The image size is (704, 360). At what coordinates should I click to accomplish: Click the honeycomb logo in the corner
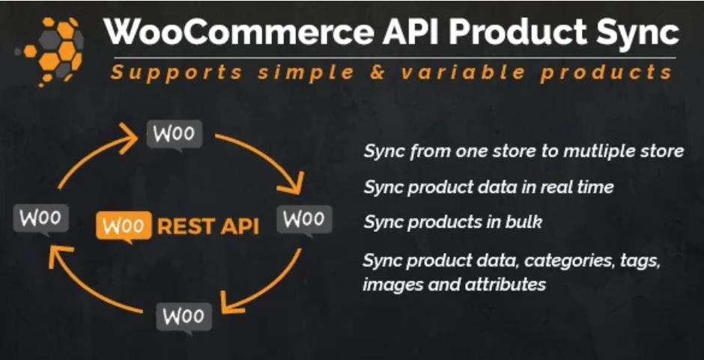[51, 46]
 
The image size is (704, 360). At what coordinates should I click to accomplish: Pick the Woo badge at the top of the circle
[175, 135]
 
